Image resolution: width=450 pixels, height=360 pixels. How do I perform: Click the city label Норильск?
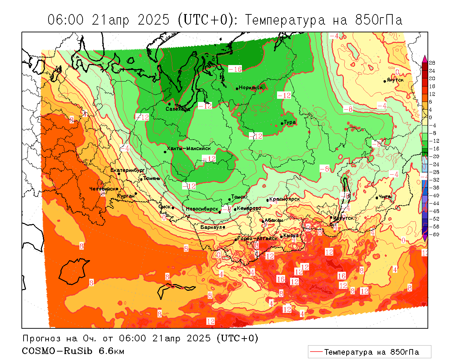click(x=251, y=88)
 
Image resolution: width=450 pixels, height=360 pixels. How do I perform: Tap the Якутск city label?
click(x=395, y=80)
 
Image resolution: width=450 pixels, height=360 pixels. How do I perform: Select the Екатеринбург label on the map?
click(x=127, y=171)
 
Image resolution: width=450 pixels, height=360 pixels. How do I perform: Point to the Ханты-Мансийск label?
click(x=189, y=149)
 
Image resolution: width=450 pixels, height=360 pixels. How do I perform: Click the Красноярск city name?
click(x=285, y=199)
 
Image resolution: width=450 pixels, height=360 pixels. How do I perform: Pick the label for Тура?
click(x=290, y=122)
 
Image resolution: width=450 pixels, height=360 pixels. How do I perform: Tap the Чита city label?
click(x=385, y=197)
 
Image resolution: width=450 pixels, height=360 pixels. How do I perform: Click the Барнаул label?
click(x=211, y=227)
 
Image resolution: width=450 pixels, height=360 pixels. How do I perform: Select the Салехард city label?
click(x=178, y=109)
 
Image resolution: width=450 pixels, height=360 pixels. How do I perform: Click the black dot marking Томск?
click(x=229, y=199)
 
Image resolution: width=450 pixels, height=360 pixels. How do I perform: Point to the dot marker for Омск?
click(x=173, y=208)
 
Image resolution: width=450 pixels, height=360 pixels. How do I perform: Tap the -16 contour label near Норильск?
click(x=235, y=69)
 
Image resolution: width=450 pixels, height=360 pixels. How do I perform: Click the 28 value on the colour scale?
click(x=432, y=63)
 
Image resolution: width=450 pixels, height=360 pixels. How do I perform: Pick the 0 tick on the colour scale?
click(x=431, y=117)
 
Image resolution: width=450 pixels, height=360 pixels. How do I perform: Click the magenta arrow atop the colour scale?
click(x=425, y=58)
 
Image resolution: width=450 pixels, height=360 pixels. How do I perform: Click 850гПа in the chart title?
click(x=379, y=20)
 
